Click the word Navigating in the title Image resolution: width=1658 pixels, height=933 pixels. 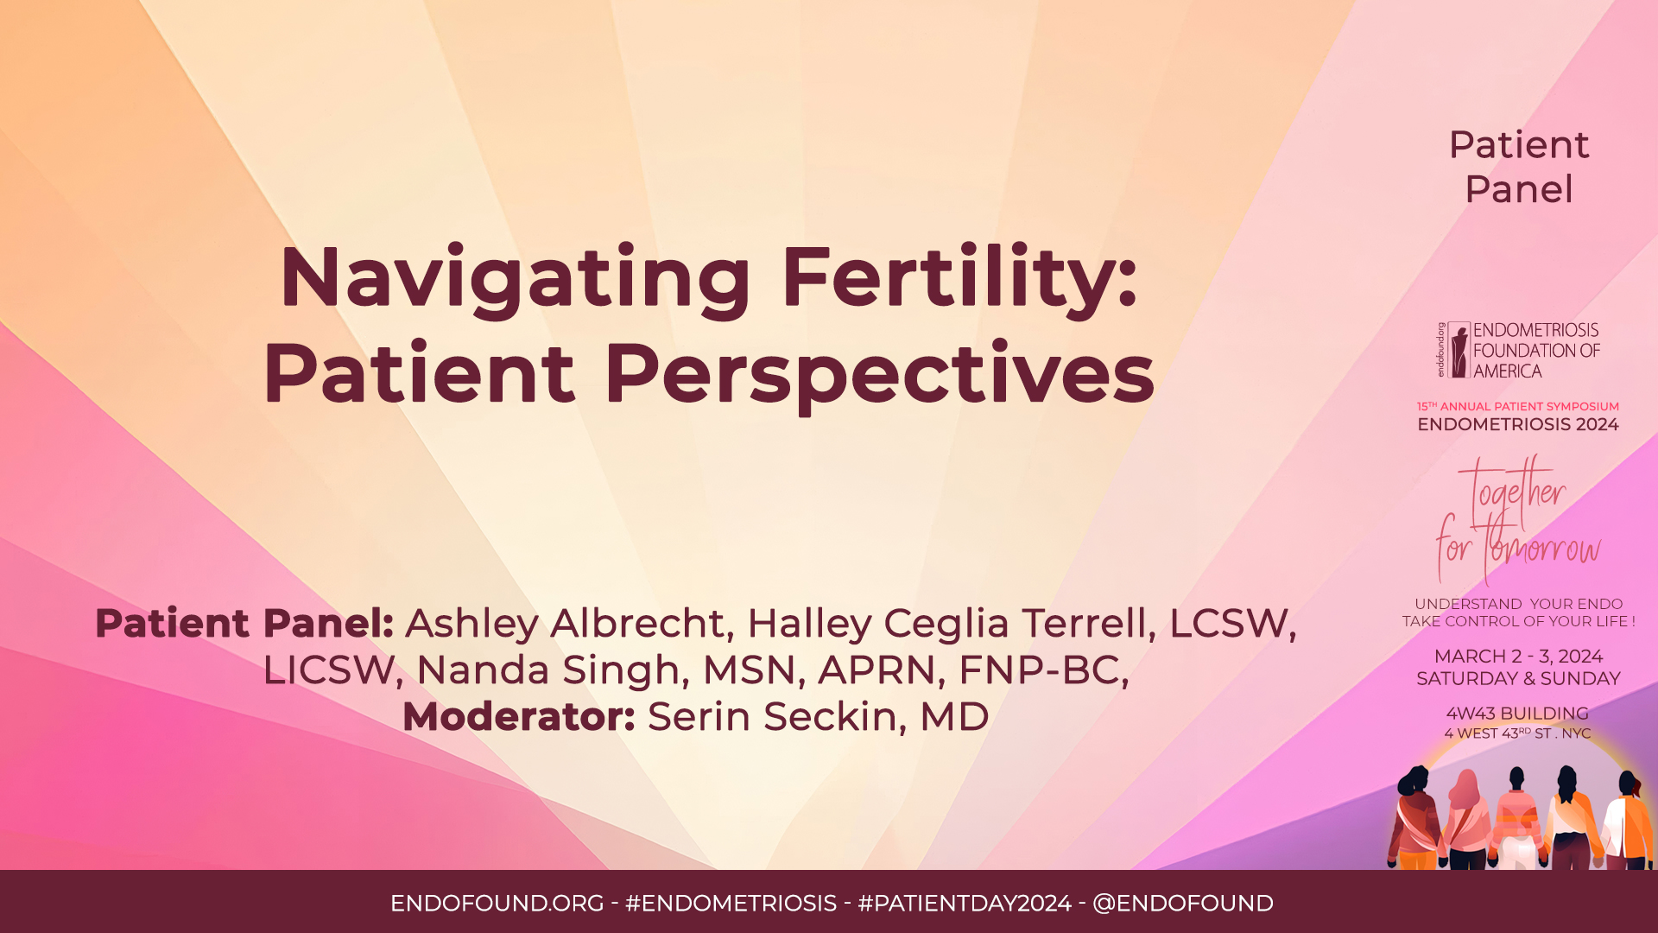pos(516,278)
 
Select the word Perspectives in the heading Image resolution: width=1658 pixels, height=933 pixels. pos(879,373)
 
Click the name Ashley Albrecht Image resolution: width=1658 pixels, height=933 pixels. pos(564,624)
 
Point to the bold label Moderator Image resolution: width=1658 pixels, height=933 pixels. pos(518,717)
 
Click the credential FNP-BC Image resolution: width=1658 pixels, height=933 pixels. pos(1042,670)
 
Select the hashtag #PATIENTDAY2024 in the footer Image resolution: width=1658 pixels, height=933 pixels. pos(965,904)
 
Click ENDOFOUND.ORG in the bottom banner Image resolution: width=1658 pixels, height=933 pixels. pos(497,904)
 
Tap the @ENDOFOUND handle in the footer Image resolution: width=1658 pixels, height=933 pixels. pos(1182,904)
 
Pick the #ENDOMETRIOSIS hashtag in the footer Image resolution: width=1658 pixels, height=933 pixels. pos(731,904)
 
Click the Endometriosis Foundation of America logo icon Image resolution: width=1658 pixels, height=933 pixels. pos(1459,350)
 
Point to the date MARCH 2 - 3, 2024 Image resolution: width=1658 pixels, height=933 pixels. pos(1518,657)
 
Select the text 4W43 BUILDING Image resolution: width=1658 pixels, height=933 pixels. pos(1517,714)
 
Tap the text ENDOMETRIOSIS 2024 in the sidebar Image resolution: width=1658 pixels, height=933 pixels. pos(1517,424)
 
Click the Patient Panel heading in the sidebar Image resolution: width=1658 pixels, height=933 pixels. pos(1518,167)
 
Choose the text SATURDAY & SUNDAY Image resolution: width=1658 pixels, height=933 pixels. pos(1518,679)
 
